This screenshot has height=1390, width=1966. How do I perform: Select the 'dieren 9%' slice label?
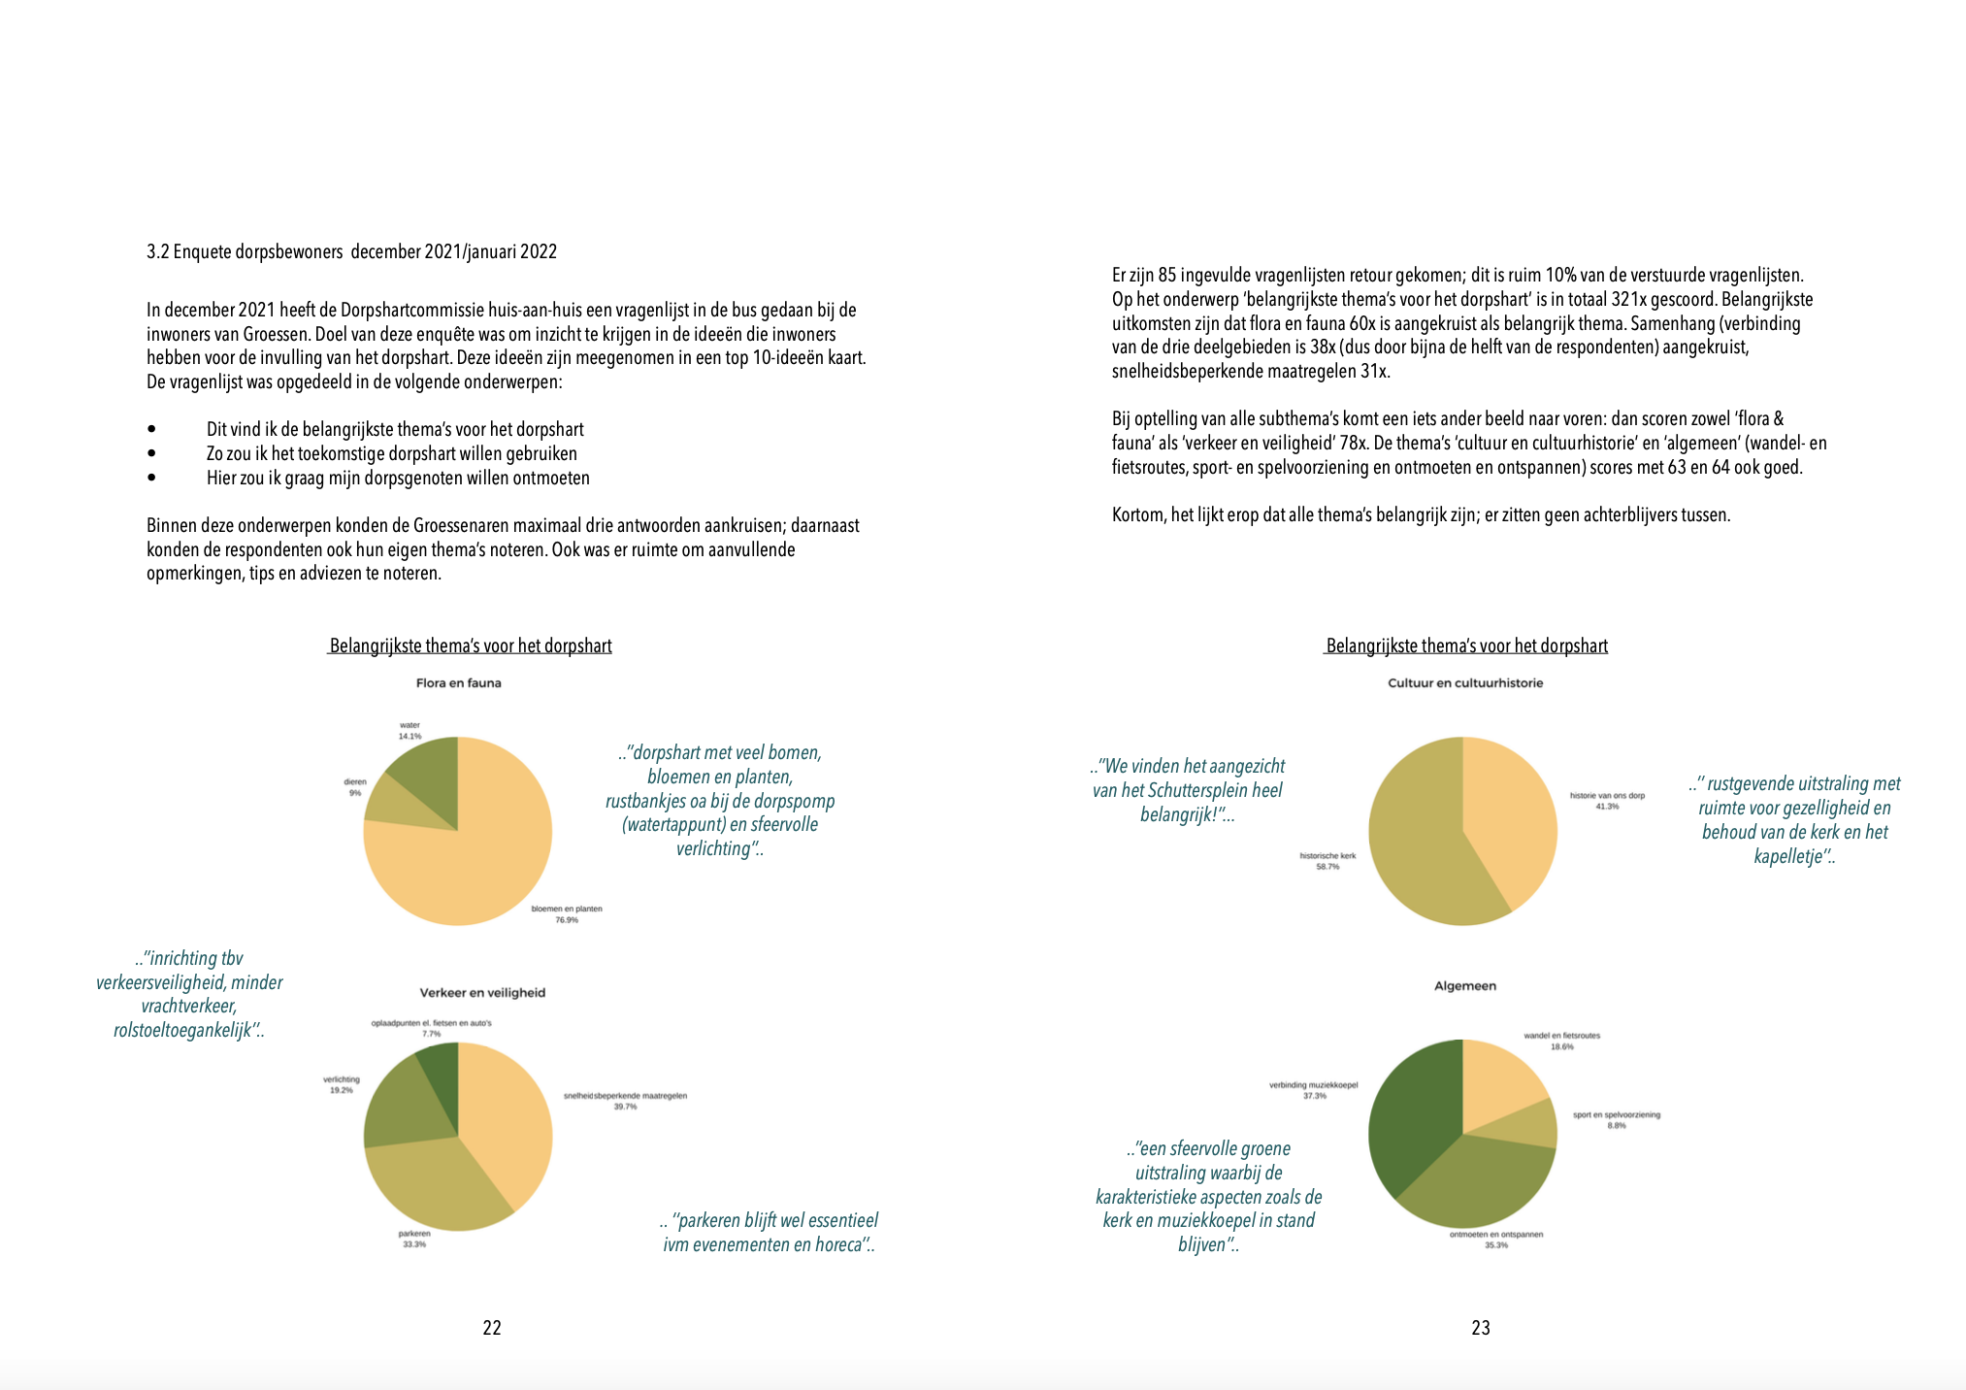pyautogui.click(x=355, y=787)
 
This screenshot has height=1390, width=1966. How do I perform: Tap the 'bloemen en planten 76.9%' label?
pyautogui.click(x=567, y=914)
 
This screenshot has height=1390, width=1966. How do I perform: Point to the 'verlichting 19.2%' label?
pyautogui.click(x=342, y=1084)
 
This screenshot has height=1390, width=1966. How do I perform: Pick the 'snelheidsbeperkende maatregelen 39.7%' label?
pyautogui.click(x=625, y=1101)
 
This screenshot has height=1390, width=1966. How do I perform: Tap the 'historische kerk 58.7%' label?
pyautogui.click(x=1327, y=861)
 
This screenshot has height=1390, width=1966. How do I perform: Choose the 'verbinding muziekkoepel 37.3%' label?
pyautogui.click(x=1314, y=1090)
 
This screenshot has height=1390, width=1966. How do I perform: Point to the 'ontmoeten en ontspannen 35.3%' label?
pyautogui.click(x=1496, y=1240)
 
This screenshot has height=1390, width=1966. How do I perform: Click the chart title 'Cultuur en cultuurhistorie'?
pyautogui.click(x=1465, y=683)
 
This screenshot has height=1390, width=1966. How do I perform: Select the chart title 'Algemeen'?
pyautogui.click(x=1465, y=986)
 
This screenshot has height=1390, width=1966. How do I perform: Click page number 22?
pyautogui.click(x=492, y=1328)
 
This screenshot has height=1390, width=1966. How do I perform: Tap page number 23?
pyautogui.click(x=1481, y=1328)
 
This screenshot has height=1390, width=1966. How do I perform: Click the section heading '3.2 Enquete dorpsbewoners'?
pyautogui.click(x=245, y=252)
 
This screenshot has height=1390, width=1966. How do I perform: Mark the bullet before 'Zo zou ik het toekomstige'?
pyautogui.click(x=151, y=452)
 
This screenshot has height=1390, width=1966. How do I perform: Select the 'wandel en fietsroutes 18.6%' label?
pyautogui.click(x=1562, y=1042)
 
